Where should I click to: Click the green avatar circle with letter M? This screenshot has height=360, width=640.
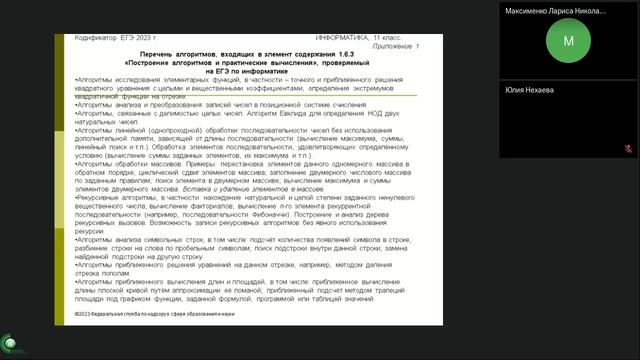click(x=569, y=41)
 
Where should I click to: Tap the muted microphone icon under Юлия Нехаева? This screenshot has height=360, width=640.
click(x=628, y=147)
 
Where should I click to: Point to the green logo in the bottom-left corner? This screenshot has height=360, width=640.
click(x=8, y=339)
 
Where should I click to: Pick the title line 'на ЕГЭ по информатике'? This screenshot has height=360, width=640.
click(x=238, y=72)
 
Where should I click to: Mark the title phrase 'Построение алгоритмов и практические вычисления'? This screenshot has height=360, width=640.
click(x=238, y=64)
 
